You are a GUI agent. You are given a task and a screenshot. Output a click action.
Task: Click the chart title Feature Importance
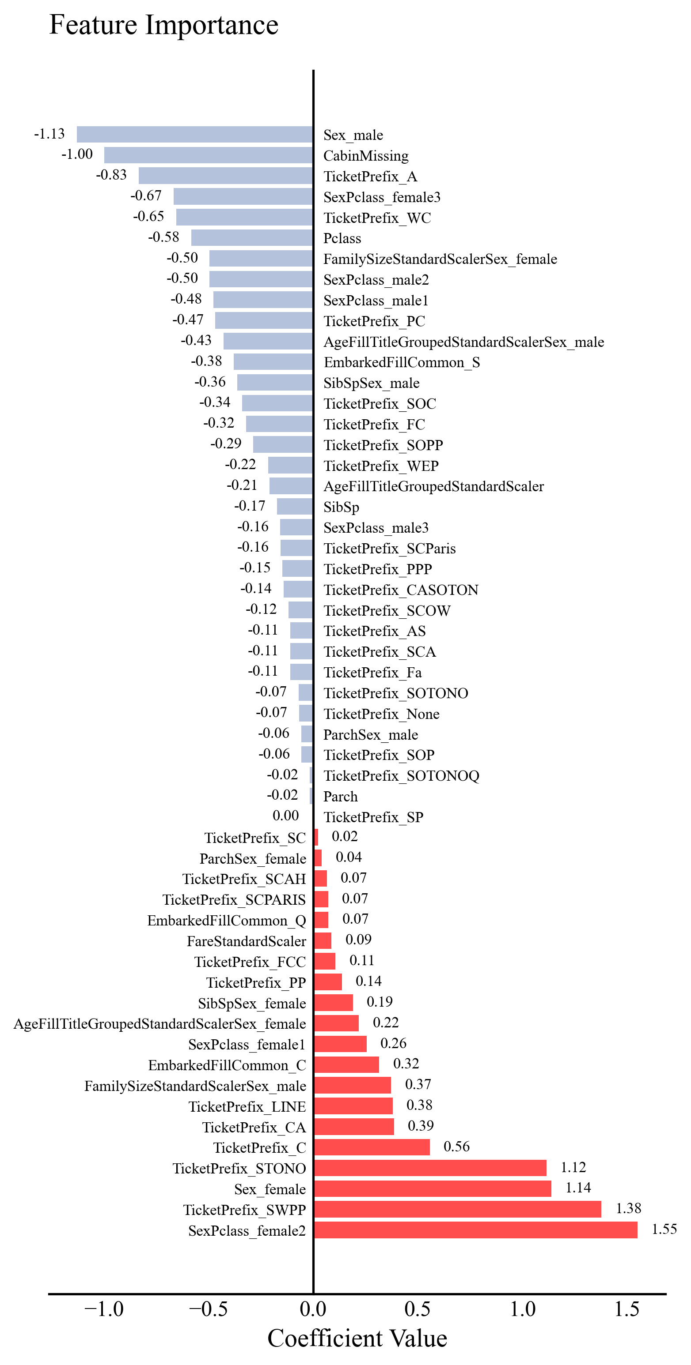pos(163,26)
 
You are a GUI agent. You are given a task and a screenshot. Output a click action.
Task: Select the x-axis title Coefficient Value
pos(357,1339)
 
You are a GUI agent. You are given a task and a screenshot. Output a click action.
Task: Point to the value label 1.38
pos(628,1209)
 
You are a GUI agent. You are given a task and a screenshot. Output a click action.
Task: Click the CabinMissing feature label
pos(366,156)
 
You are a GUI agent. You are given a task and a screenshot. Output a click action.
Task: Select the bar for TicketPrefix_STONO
pos(430,1168)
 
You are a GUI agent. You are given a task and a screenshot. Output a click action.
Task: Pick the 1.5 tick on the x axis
pos(627,1309)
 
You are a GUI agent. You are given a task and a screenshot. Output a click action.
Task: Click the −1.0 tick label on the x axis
pos(104,1309)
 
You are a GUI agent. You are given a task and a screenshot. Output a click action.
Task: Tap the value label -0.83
pos(111,175)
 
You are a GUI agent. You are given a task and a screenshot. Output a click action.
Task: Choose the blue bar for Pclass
pos(251,238)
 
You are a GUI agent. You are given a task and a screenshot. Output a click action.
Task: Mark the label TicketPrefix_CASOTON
pos(401,590)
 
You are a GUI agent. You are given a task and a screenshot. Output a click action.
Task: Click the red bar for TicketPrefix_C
pos(372,1147)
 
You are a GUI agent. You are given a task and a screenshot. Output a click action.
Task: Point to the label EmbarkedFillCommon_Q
pos(227,921)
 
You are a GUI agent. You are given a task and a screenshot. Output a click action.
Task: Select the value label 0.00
pos(285,816)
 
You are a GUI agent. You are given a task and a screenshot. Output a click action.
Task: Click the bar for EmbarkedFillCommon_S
pos(273,362)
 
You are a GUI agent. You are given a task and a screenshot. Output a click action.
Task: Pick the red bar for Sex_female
pos(432,1188)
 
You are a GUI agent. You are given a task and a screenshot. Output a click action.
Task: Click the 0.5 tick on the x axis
pos(418,1309)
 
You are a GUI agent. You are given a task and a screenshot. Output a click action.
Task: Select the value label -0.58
pos(163,237)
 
